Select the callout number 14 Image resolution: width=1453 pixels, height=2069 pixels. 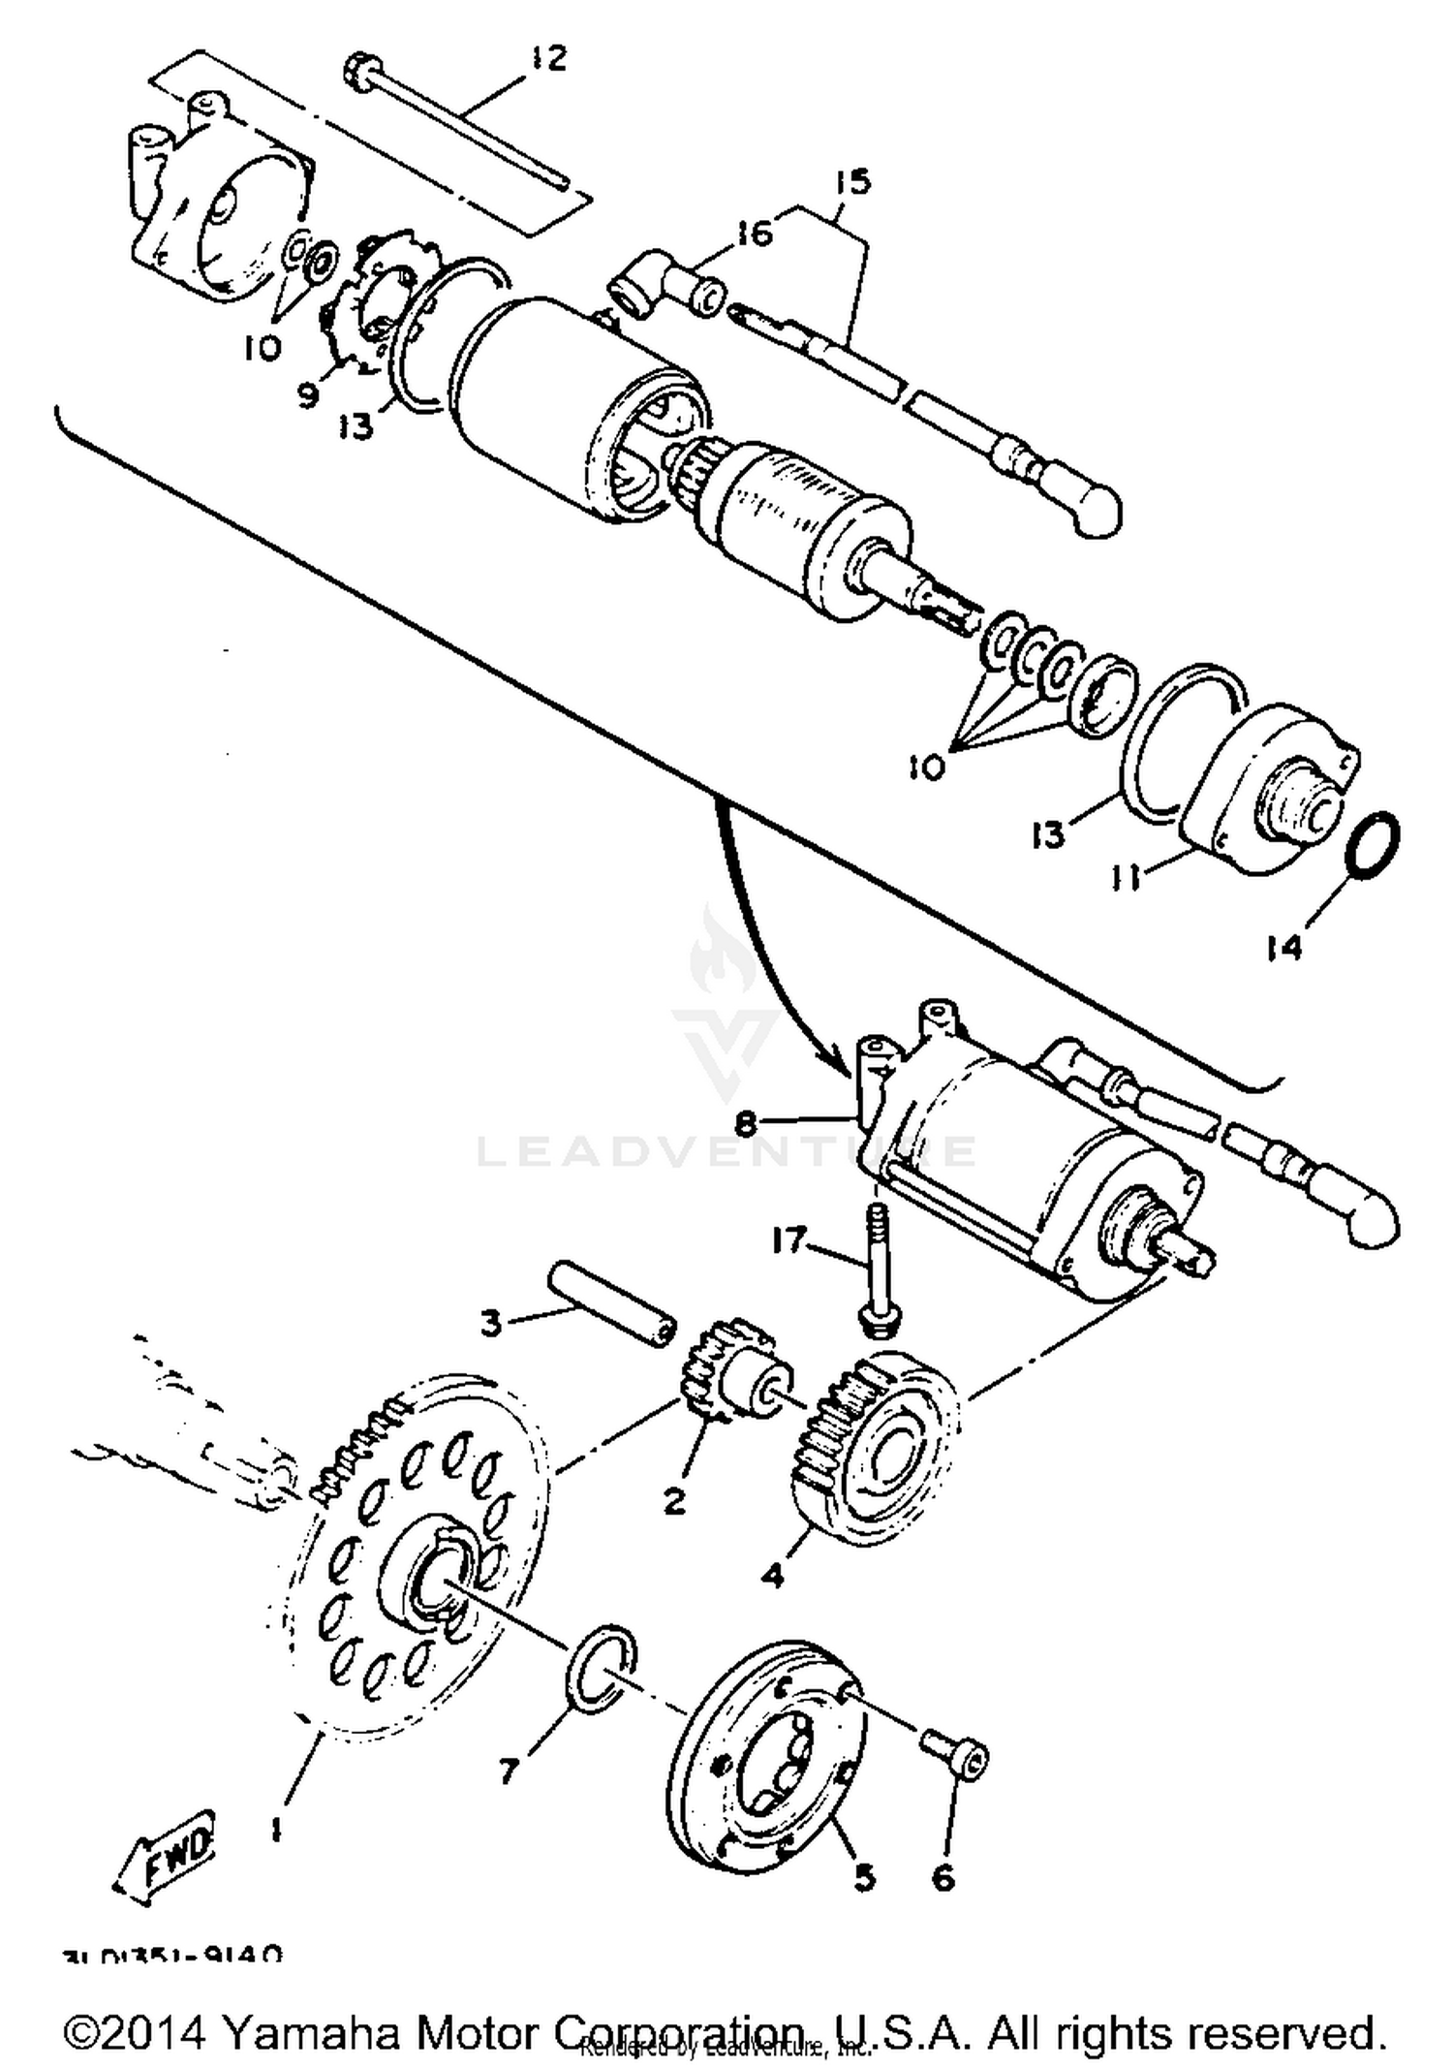coord(1285,947)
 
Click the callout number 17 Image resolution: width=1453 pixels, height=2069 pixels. coord(789,1239)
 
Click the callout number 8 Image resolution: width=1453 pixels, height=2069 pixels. coord(744,1122)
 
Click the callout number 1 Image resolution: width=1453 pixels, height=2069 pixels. coord(276,1829)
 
